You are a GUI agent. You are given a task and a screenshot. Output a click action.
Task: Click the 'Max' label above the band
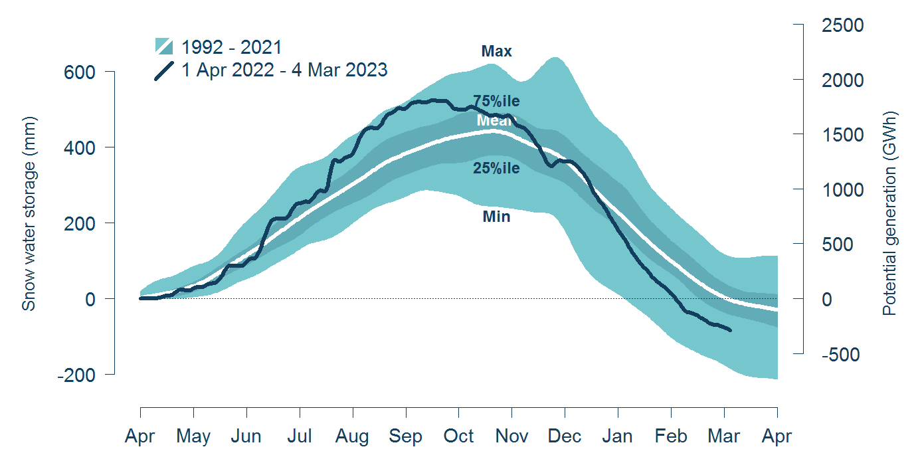497,51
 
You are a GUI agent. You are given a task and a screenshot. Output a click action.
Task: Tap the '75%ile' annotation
496,102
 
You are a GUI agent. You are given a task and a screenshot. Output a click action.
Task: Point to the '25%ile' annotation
496,169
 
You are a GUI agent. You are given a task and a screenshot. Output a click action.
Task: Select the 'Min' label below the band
496,216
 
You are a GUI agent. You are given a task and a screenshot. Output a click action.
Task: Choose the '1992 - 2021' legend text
232,47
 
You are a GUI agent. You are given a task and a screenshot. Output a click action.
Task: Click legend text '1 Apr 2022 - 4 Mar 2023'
284,70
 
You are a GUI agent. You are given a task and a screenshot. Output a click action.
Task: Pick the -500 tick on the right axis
844,355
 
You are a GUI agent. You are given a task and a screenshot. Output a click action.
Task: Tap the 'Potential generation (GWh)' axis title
890,213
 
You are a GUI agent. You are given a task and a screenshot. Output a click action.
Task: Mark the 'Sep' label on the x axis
405,436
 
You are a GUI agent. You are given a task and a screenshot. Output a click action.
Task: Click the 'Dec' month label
565,436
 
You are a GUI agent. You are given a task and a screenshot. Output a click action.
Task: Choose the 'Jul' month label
300,436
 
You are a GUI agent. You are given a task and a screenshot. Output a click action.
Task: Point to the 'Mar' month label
724,436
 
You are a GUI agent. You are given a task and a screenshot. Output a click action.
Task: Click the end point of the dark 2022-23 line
731,330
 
